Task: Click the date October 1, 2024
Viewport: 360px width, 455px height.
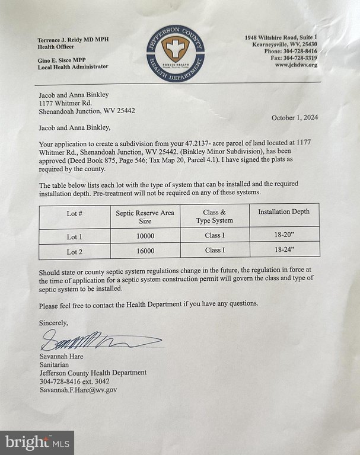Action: click(295, 117)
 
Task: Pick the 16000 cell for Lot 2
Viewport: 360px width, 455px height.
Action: click(145, 251)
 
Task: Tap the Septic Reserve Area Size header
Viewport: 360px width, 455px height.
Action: click(145, 216)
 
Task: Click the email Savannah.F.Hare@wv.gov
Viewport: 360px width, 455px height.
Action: click(78, 390)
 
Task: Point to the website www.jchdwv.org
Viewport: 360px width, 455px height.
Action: click(296, 65)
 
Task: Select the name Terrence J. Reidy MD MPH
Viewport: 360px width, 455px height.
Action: click(74, 40)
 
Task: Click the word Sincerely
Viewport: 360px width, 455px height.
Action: click(53, 323)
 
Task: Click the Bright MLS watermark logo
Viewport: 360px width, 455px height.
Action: click(37, 442)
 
